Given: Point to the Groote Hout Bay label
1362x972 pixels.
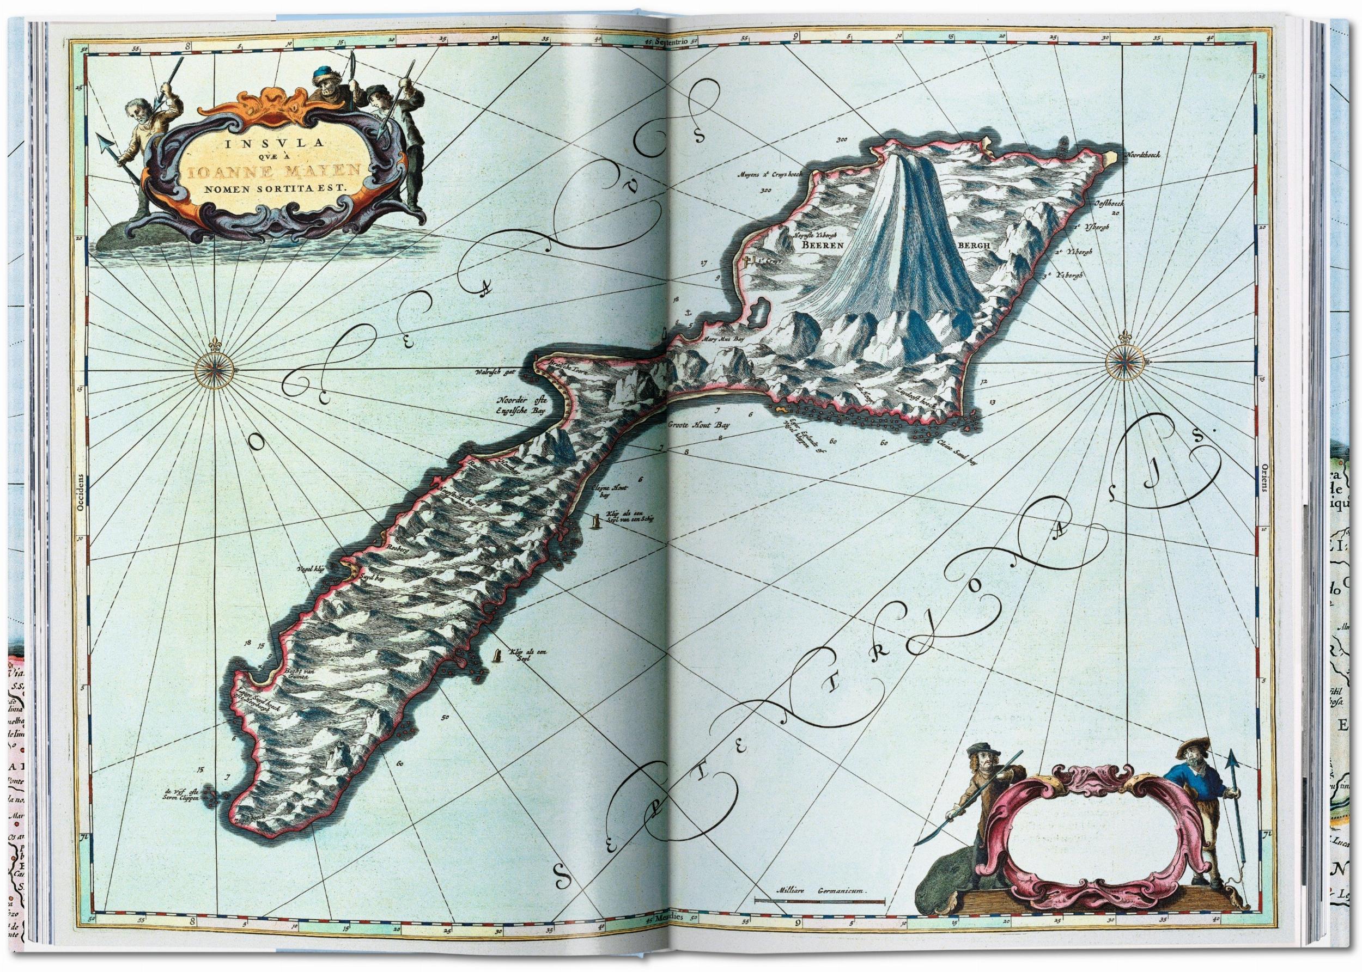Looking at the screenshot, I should point(700,427).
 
